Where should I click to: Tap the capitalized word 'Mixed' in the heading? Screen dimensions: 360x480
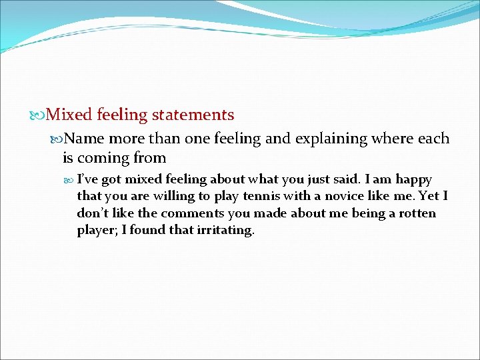[x=69, y=115]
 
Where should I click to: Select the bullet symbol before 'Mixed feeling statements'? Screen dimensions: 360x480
[x=39, y=115]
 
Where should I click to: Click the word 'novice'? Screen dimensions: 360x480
[x=343, y=197]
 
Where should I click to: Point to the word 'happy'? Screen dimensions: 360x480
[x=414, y=179]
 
